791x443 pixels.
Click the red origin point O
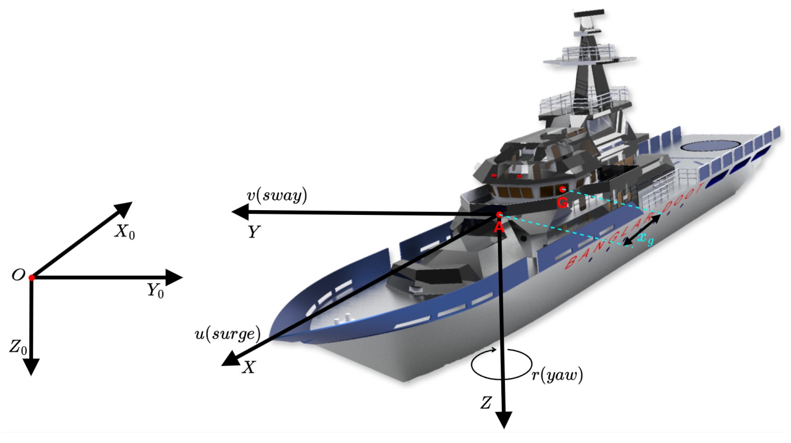click(x=32, y=277)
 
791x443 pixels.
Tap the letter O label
click(x=18, y=275)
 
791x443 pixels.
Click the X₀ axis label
click(x=125, y=232)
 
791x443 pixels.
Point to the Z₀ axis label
click(x=18, y=347)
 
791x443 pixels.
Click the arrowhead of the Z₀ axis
click(x=31, y=367)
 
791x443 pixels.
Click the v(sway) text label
click(x=277, y=196)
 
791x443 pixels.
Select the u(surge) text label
click(x=228, y=334)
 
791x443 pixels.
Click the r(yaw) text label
click(x=557, y=375)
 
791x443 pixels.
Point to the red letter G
click(x=562, y=203)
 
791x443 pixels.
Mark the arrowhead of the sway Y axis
click(x=240, y=212)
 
